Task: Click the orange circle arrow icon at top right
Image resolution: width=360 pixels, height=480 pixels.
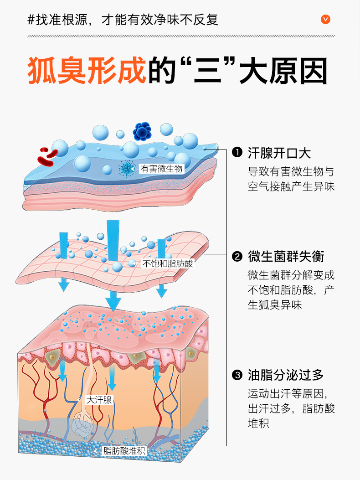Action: pos(325,19)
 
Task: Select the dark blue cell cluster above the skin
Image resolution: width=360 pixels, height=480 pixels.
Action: pos(142,131)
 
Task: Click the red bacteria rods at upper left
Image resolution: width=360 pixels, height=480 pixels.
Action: pos(47,156)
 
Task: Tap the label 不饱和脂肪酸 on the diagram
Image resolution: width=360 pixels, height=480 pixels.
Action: pos(168,263)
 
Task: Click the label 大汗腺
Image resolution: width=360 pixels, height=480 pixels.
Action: pos(99,400)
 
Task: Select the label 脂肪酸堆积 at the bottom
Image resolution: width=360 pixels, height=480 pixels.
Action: pos(124,451)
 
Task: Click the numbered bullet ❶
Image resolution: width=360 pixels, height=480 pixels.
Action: pos(237,152)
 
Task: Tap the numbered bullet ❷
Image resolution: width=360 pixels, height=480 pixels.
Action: pos(237,257)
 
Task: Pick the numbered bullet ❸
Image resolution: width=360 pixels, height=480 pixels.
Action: pos(237,376)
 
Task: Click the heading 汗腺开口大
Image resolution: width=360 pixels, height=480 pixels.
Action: pos(279,152)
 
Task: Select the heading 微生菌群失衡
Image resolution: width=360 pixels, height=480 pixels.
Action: pos(286,257)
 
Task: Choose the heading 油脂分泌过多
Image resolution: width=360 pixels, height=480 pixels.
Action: pos(286,376)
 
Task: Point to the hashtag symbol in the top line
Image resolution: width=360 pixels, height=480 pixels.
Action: pos(31,20)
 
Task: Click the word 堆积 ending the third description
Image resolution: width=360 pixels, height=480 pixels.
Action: pos(258,423)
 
